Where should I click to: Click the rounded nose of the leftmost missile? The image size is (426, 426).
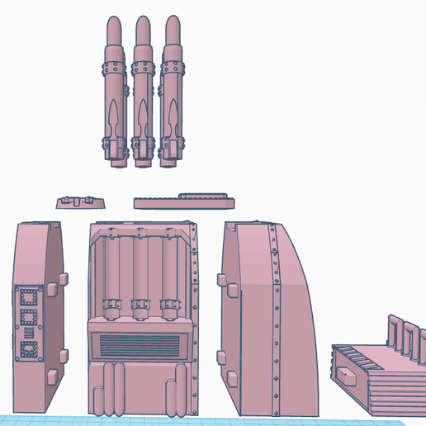tap(112, 26)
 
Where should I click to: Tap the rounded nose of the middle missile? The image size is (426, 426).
tap(143, 26)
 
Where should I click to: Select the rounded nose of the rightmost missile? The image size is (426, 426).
tap(173, 26)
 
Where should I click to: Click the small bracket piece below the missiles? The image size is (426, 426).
tap(80, 201)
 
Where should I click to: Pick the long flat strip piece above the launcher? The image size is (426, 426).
tap(185, 200)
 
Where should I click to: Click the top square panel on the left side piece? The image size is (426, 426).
tap(31, 295)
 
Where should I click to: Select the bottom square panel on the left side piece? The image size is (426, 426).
tap(31, 349)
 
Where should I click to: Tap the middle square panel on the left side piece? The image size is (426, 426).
tap(31, 315)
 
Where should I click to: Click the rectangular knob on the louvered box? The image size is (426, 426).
tap(343, 375)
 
